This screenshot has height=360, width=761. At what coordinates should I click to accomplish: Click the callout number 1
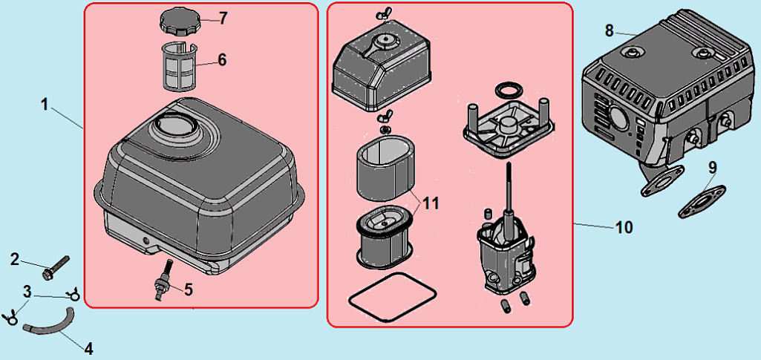[x=45, y=105]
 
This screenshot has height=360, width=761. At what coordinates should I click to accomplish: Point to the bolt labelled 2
[x=56, y=266]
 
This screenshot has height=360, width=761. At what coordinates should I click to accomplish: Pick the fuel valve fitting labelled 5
[x=162, y=281]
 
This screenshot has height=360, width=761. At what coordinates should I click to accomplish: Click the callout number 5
[x=189, y=289]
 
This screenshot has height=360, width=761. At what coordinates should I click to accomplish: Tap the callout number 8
[x=610, y=30]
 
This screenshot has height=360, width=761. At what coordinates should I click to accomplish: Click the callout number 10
[x=624, y=227]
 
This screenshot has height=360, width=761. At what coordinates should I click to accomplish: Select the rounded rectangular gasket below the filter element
[x=391, y=296]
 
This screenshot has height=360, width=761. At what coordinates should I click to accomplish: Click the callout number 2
[x=14, y=258]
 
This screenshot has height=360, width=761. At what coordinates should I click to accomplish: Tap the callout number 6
[x=222, y=59]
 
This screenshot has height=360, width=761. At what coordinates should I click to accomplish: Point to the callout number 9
[x=713, y=168]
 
